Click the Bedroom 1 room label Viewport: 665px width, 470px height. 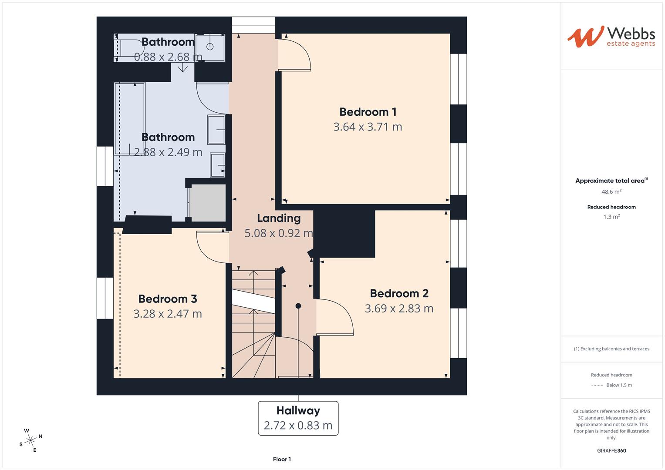(x=368, y=112)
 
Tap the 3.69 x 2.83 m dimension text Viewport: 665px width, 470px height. (x=399, y=309)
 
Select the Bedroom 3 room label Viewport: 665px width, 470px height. (x=168, y=299)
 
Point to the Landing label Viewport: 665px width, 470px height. (x=279, y=218)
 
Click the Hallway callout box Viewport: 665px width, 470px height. (x=298, y=418)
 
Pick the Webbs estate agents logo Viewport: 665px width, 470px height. (x=611, y=37)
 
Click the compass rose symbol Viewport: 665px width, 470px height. (x=30, y=440)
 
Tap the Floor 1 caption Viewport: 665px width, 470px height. (x=282, y=459)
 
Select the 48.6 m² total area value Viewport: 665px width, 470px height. (x=611, y=191)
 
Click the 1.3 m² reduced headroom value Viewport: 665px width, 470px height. (x=611, y=217)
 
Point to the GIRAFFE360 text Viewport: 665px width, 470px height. (x=611, y=450)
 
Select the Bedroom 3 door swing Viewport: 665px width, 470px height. (x=212, y=247)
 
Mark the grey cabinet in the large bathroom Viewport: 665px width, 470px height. (x=208, y=203)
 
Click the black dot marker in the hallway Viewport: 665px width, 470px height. (x=298, y=306)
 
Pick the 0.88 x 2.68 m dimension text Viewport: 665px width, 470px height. (x=168, y=57)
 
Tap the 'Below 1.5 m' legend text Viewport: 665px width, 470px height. (x=619, y=385)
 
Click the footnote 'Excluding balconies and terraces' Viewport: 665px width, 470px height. (x=611, y=349)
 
